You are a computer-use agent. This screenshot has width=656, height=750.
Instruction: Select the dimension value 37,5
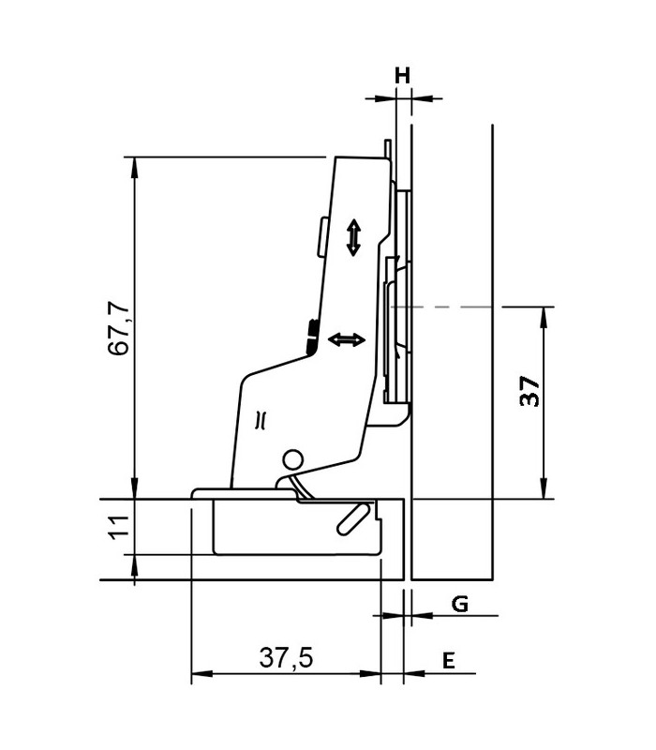coord(285,659)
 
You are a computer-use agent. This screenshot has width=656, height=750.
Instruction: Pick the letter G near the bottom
coord(459,605)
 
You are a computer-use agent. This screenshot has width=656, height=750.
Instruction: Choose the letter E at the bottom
coord(449,661)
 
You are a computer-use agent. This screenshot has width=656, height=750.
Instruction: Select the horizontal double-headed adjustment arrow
coord(346,340)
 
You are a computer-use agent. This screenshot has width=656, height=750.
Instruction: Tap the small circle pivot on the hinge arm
coord(293,459)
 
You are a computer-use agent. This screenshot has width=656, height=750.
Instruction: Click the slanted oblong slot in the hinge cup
coord(352,517)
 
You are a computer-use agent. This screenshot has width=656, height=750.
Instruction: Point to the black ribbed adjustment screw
coord(311,335)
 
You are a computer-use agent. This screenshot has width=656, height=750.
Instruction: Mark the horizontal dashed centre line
coord(440,307)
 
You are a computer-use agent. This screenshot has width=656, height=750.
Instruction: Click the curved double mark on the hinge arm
coord(261,419)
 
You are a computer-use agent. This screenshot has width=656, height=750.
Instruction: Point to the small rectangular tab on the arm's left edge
coord(321,238)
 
